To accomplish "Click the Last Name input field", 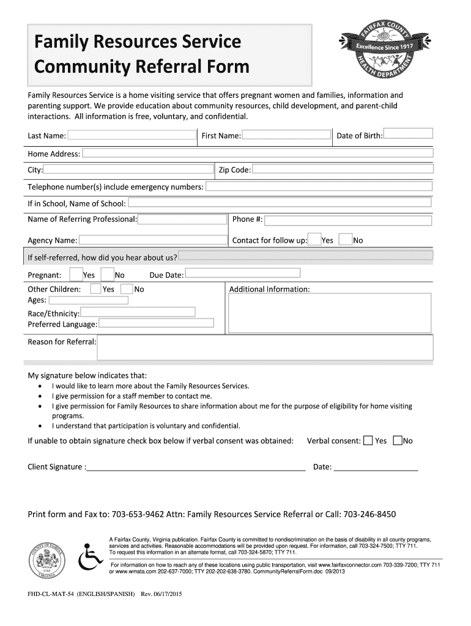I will (x=132, y=135).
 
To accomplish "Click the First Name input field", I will (x=285, y=135).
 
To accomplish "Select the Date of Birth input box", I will (x=408, y=134).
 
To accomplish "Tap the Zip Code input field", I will (x=343, y=169).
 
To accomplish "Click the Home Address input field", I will (x=258, y=153).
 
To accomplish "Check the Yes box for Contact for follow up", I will (x=314, y=239).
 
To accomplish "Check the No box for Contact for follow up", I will (x=346, y=239).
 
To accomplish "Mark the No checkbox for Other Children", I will (x=127, y=289).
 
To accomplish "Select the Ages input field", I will (x=88, y=300).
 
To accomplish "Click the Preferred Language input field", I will (x=156, y=323).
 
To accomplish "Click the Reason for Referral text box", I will (x=265, y=347).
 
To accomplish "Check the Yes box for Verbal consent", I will (x=368, y=440).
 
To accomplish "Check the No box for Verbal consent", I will (x=398, y=440).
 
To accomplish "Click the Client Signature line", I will (x=196, y=467).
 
